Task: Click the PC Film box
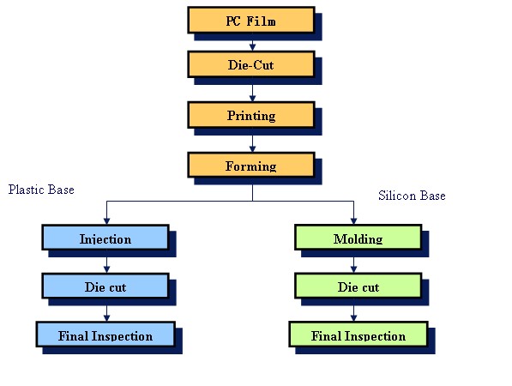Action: coord(251,21)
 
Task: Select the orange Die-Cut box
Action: coord(251,64)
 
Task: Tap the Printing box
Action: coord(251,115)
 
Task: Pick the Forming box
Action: coord(251,166)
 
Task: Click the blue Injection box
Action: coord(105,238)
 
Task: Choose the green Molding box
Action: coord(358,238)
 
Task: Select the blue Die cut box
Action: coord(105,286)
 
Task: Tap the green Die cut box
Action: coord(358,286)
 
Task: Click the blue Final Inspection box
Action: coord(105,335)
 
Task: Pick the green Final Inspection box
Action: coord(358,335)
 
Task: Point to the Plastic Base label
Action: coord(41,190)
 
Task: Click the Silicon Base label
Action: coord(412,196)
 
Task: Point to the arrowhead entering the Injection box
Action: coord(107,221)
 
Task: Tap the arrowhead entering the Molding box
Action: coord(353,221)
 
